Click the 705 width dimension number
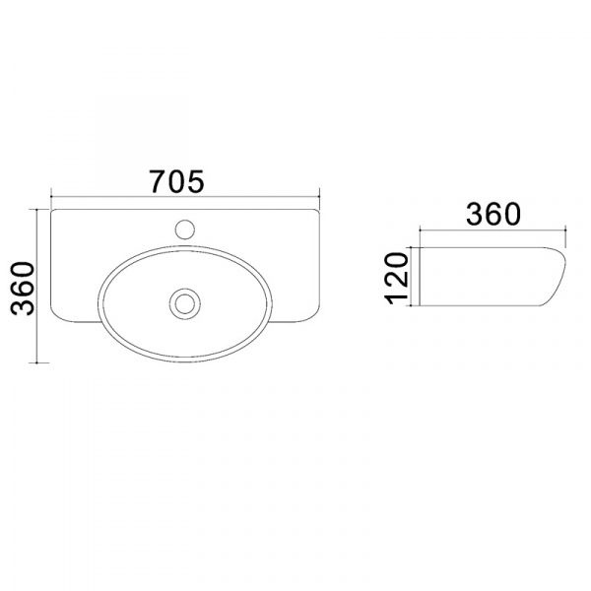pyautogui.click(x=176, y=181)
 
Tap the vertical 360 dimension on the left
pyautogui.click(x=23, y=289)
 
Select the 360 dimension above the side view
pyautogui.click(x=493, y=214)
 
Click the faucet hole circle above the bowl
pyautogui.click(x=185, y=230)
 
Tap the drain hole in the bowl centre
pyautogui.click(x=185, y=303)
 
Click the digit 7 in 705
pyautogui.click(x=158, y=181)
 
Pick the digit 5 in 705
pyautogui.click(x=196, y=181)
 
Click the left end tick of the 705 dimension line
pyautogui.click(x=51, y=197)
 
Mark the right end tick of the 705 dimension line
pyautogui.click(x=319, y=197)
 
